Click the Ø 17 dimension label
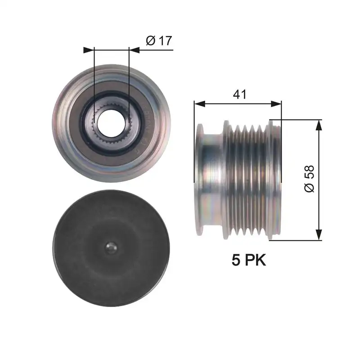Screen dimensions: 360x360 159,40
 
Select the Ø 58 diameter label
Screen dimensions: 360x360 310,179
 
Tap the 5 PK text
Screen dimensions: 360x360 249,260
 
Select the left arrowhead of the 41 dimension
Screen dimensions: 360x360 199,104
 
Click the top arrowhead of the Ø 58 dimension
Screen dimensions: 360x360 319,125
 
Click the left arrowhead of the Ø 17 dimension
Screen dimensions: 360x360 88,49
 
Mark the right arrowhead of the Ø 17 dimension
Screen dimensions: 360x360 134,49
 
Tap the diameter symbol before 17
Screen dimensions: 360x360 151,40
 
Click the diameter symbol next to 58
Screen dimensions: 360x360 310,189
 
